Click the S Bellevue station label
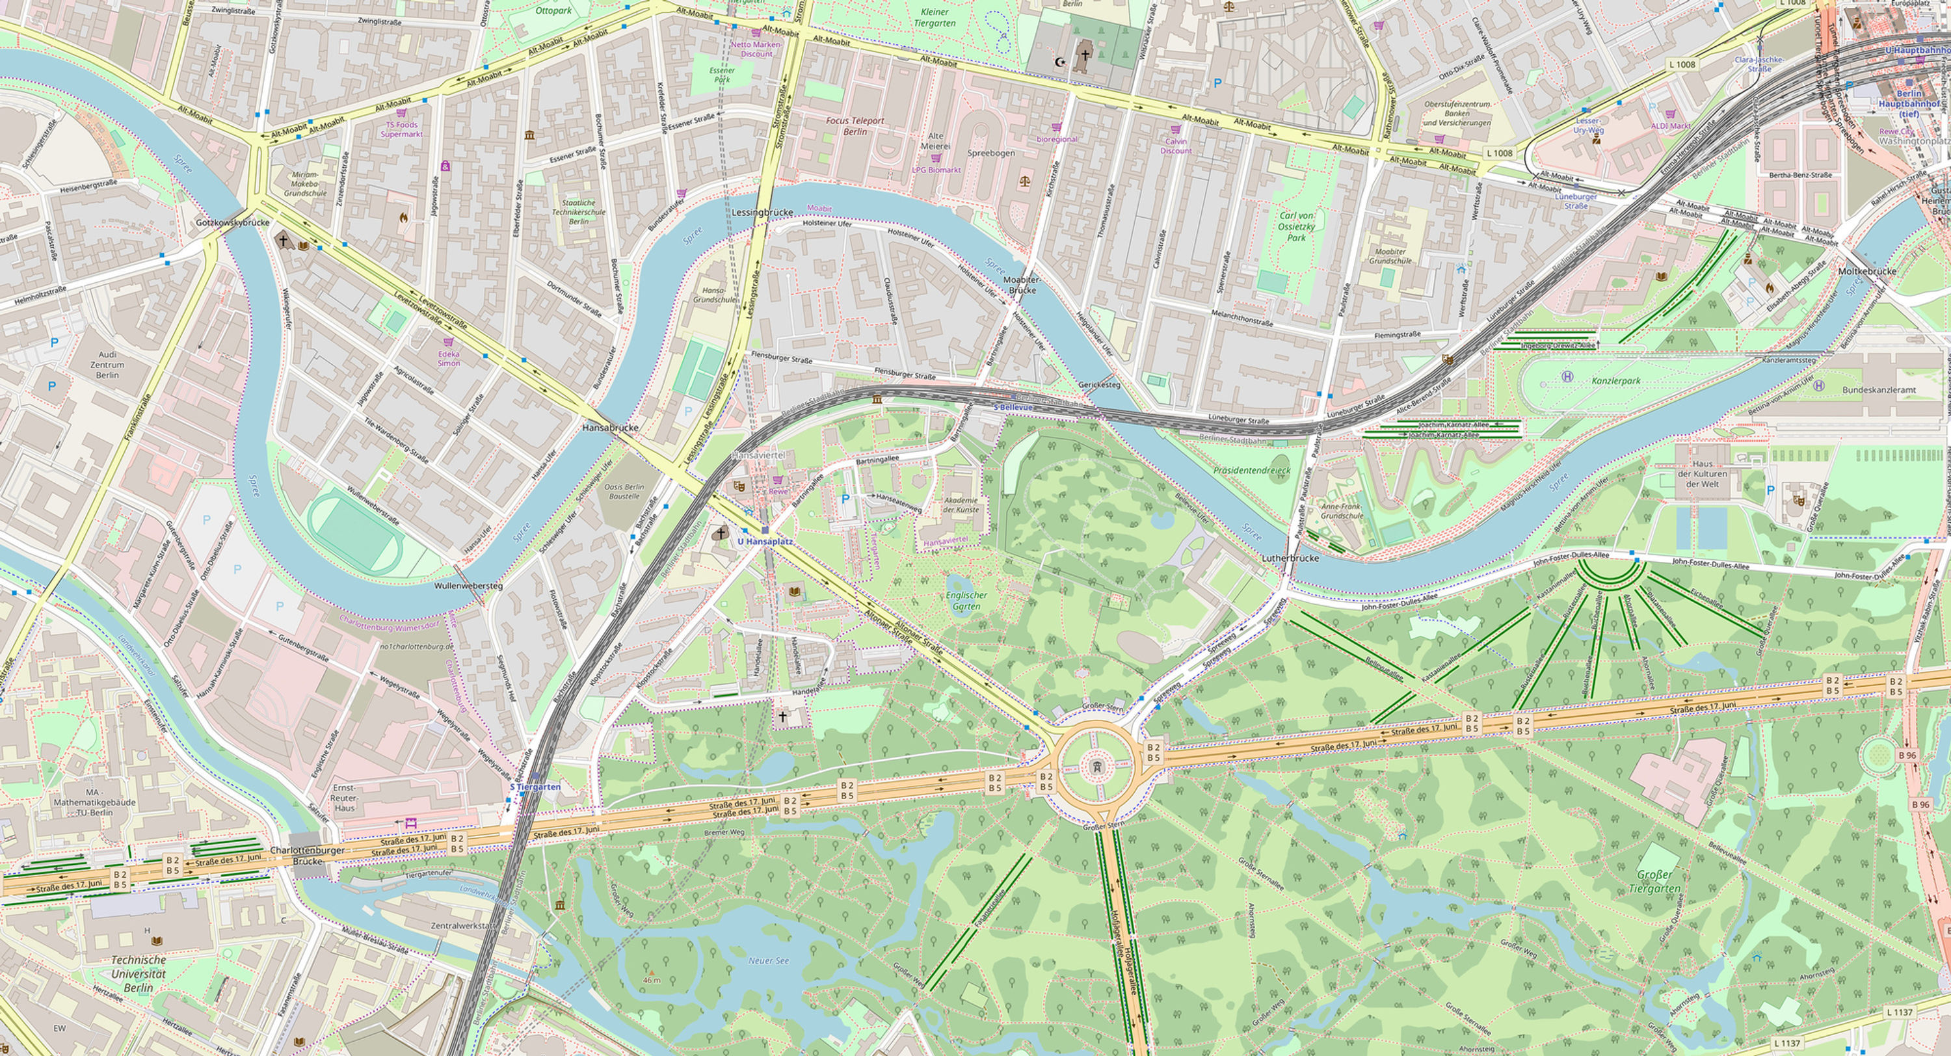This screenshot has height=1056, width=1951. [x=1013, y=408]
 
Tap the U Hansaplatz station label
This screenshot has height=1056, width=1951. [x=765, y=542]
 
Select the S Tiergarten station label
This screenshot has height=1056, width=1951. [x=535, y=786]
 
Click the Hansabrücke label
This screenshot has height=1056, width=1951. [x=610, y=428]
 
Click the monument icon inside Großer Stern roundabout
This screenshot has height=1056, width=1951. [x=1095, y=768]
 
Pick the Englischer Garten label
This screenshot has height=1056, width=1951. [x=966, y=601]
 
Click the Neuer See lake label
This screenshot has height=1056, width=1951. [x=768, y=960]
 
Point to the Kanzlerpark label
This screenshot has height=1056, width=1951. [x=1615, y=381]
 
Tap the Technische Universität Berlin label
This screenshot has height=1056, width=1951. [x=138, y=973]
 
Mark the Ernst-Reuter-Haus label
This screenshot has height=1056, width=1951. [x=345, y=798]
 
